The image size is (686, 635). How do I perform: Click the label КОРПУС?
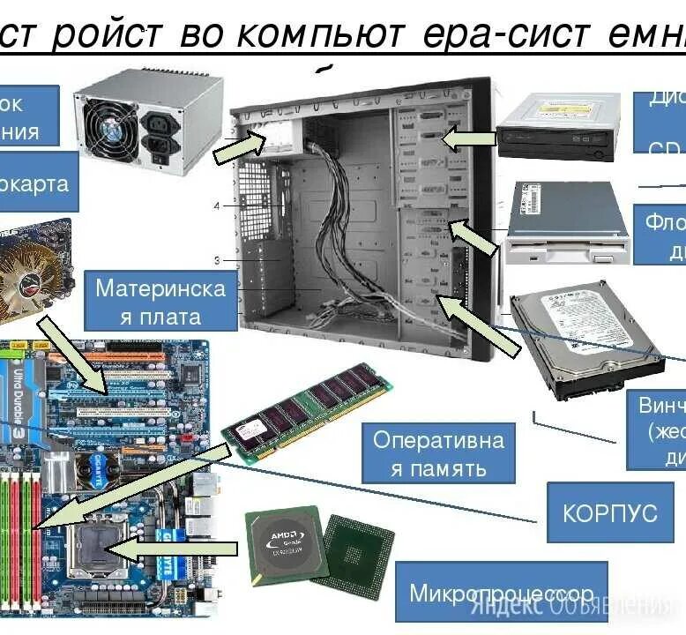pos(610,512)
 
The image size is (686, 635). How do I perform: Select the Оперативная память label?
pos(438,452)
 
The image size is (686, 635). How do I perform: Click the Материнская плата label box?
pos(160,301)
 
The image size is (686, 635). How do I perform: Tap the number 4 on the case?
pos(216,205)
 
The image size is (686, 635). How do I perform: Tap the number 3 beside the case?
pos(216,260)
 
